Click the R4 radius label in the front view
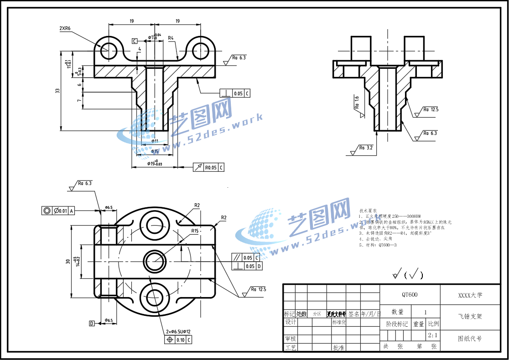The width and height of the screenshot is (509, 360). [171, 38]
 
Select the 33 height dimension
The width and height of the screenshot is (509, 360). [57, 91]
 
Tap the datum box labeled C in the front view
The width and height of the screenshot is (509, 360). [135, 41]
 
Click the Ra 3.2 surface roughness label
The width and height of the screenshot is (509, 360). [366, 148]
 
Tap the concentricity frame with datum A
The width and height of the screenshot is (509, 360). [58, 211]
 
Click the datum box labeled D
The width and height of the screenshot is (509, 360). [92, 323]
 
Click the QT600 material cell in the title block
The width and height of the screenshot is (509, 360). [410, 294]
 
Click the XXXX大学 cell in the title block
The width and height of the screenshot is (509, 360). [470, 295]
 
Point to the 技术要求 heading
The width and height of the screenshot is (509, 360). [369, 211]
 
